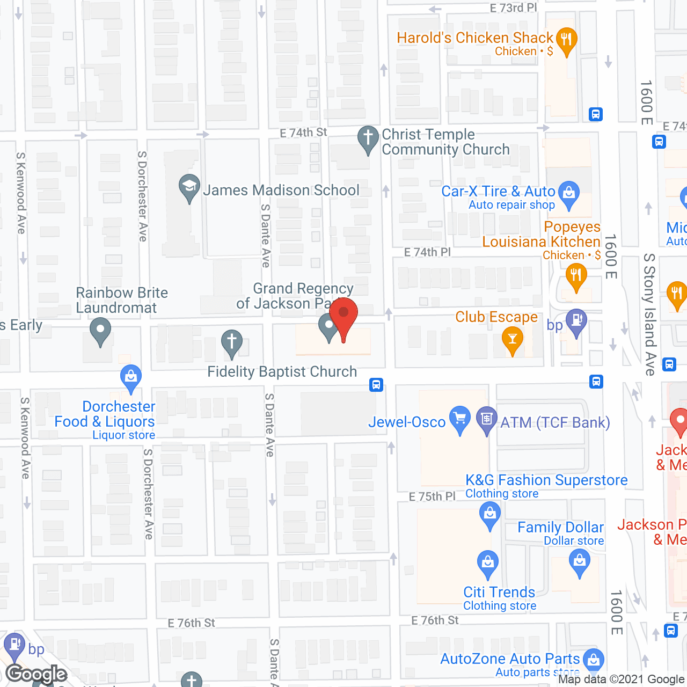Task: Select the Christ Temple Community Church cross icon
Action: tap(368, 138)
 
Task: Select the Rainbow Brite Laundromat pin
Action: tap(100, 330)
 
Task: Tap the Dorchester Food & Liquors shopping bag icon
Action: tap(131, 377)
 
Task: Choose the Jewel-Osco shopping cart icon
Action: tap(460, 419)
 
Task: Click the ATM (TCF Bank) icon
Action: tap(487, 419)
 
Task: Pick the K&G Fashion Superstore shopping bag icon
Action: tap(489, 514)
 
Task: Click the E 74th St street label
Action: tap(303, 133)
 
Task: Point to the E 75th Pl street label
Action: tap(432, 496)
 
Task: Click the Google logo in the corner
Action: tap(36, 674)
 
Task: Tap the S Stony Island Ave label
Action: tap(649, 314)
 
